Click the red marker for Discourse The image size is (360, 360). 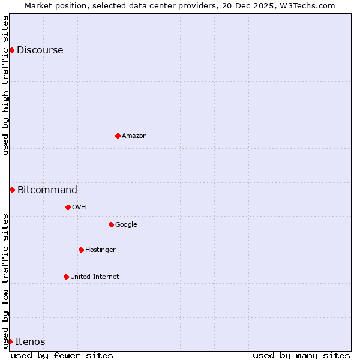(11, 50)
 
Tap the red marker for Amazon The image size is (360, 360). (118, 136)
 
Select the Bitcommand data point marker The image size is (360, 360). (12, 190)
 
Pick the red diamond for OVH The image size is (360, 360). (68, 207)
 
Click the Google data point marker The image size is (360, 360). (111, 224)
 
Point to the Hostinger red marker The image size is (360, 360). (81, 250)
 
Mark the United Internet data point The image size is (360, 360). (66, 277)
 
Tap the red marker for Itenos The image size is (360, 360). (10, 341)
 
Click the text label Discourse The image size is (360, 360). (40, 50)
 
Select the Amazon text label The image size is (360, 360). (134, 136)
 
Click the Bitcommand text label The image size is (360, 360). (47, 190)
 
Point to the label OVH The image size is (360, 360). (79, 208)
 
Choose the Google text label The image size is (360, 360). (126, 225)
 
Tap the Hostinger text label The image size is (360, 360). (100, 250)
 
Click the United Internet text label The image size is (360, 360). (94, 277)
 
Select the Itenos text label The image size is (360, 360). (30, 342)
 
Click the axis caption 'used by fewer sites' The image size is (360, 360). (62, 355)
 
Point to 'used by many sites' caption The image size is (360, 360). (301, 355)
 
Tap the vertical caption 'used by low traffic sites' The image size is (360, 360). (5, 281)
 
